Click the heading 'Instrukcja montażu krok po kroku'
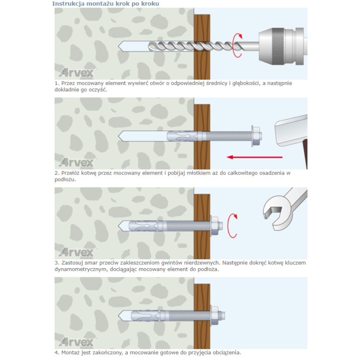(105, 4)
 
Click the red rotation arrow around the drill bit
(237, 45)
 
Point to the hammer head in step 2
(291, 130)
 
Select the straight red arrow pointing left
(255, 157)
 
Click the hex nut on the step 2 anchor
(256, 136)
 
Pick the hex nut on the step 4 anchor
(215, 315)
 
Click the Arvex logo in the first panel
(77, 73)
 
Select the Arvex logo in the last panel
(77, 342)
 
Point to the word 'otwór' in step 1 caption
(157, 83)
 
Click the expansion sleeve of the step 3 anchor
(143, 226)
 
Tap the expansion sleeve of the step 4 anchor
(145, 315)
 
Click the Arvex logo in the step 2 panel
(77, 162)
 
